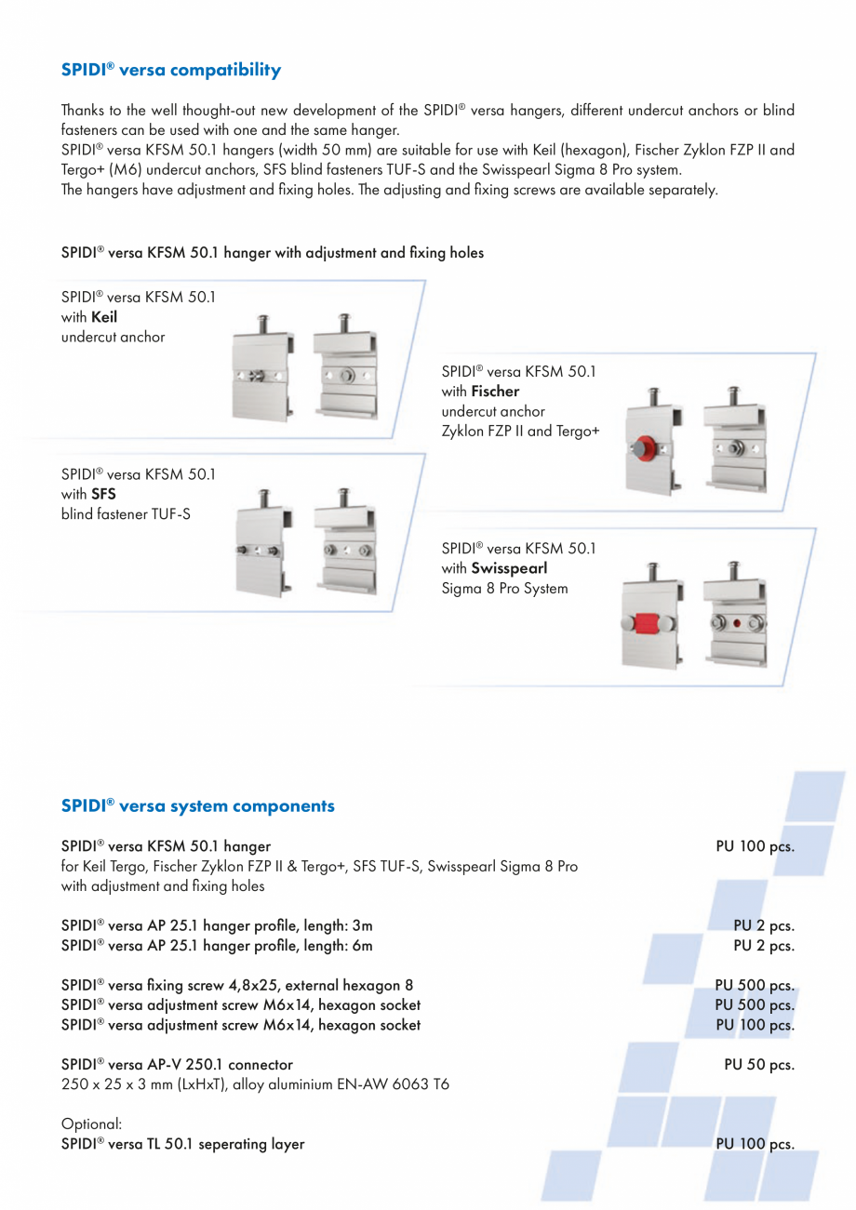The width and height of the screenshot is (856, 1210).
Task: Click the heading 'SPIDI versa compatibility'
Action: [170, 70]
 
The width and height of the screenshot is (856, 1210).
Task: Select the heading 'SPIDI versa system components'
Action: [197, 805]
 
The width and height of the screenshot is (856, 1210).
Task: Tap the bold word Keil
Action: [104, 317]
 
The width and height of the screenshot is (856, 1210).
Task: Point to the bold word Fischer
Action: [495, 391]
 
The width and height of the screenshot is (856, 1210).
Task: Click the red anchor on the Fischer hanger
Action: [640, 447]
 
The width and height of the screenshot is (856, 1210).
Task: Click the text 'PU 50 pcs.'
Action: [758, 1064]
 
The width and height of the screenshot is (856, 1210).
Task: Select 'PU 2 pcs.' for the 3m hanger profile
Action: [763, 925]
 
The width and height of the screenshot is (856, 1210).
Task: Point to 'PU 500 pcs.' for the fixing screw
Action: [754, 985]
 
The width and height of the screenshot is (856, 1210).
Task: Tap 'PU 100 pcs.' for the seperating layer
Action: [754, 1144]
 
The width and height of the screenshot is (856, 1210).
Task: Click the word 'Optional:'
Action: [86, 1124]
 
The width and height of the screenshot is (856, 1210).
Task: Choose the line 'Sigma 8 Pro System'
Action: [504, 588]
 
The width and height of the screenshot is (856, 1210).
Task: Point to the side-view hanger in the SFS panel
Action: [264, 543]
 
